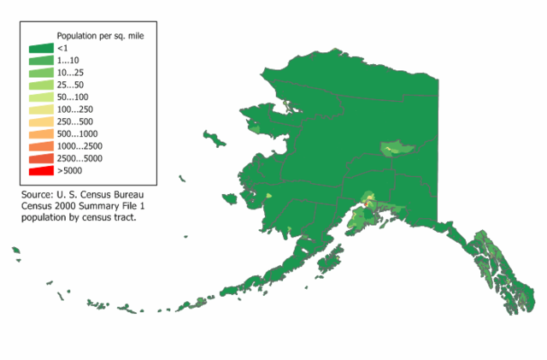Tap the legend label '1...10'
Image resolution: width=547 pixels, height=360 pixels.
click(69, 62)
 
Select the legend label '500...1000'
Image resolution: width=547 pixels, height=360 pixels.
click(77, 134)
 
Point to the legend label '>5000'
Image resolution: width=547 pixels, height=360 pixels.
click(70, 171)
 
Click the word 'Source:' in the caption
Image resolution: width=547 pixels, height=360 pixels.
click(38, 195)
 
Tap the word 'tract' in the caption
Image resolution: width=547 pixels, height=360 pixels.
click(125, 217)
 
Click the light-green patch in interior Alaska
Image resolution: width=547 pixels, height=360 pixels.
click(393, 148)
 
